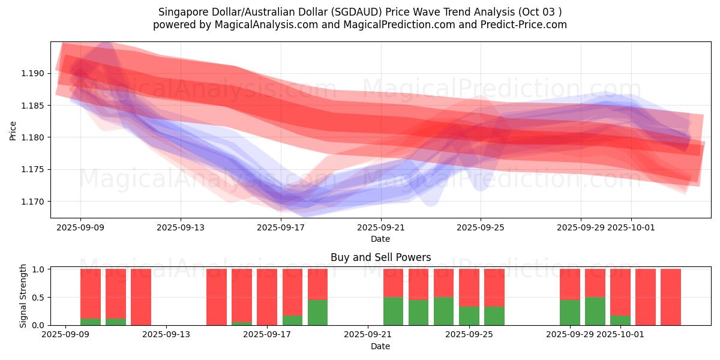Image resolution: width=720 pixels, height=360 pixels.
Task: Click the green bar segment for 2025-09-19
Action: click(x=317, y=312)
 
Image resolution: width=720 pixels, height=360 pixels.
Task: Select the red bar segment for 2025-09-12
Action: click(x=141, y=296)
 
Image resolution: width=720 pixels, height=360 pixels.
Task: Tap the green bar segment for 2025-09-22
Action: click(x=393, y=311)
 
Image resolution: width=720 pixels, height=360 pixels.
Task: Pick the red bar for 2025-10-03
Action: click(x=671, y=296)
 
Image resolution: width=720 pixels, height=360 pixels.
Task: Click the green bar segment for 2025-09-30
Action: click(x=595, y=311)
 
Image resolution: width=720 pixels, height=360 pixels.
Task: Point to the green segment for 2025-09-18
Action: click(x=292, y=320)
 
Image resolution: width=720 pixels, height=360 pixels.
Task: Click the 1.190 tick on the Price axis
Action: click(x=35, y=74)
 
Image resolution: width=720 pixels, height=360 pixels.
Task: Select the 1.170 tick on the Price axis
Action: click(x=35, y=202)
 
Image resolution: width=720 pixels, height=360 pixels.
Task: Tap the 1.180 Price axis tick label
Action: click(x=35, y=137)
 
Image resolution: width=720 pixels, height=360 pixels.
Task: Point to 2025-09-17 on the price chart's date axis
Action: click(x=280, y=228)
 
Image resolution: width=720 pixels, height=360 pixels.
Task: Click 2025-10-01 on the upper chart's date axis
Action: click(x=631, y=228)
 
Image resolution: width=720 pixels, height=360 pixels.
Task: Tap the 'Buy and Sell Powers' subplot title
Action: click(x=380, y=257)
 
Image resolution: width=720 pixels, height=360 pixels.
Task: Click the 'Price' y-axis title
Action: click(x=13, y=130)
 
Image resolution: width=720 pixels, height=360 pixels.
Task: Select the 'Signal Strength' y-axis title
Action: click(x=23, y=296)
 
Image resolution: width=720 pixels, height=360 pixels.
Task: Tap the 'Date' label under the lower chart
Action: click(x=380, y=346)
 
